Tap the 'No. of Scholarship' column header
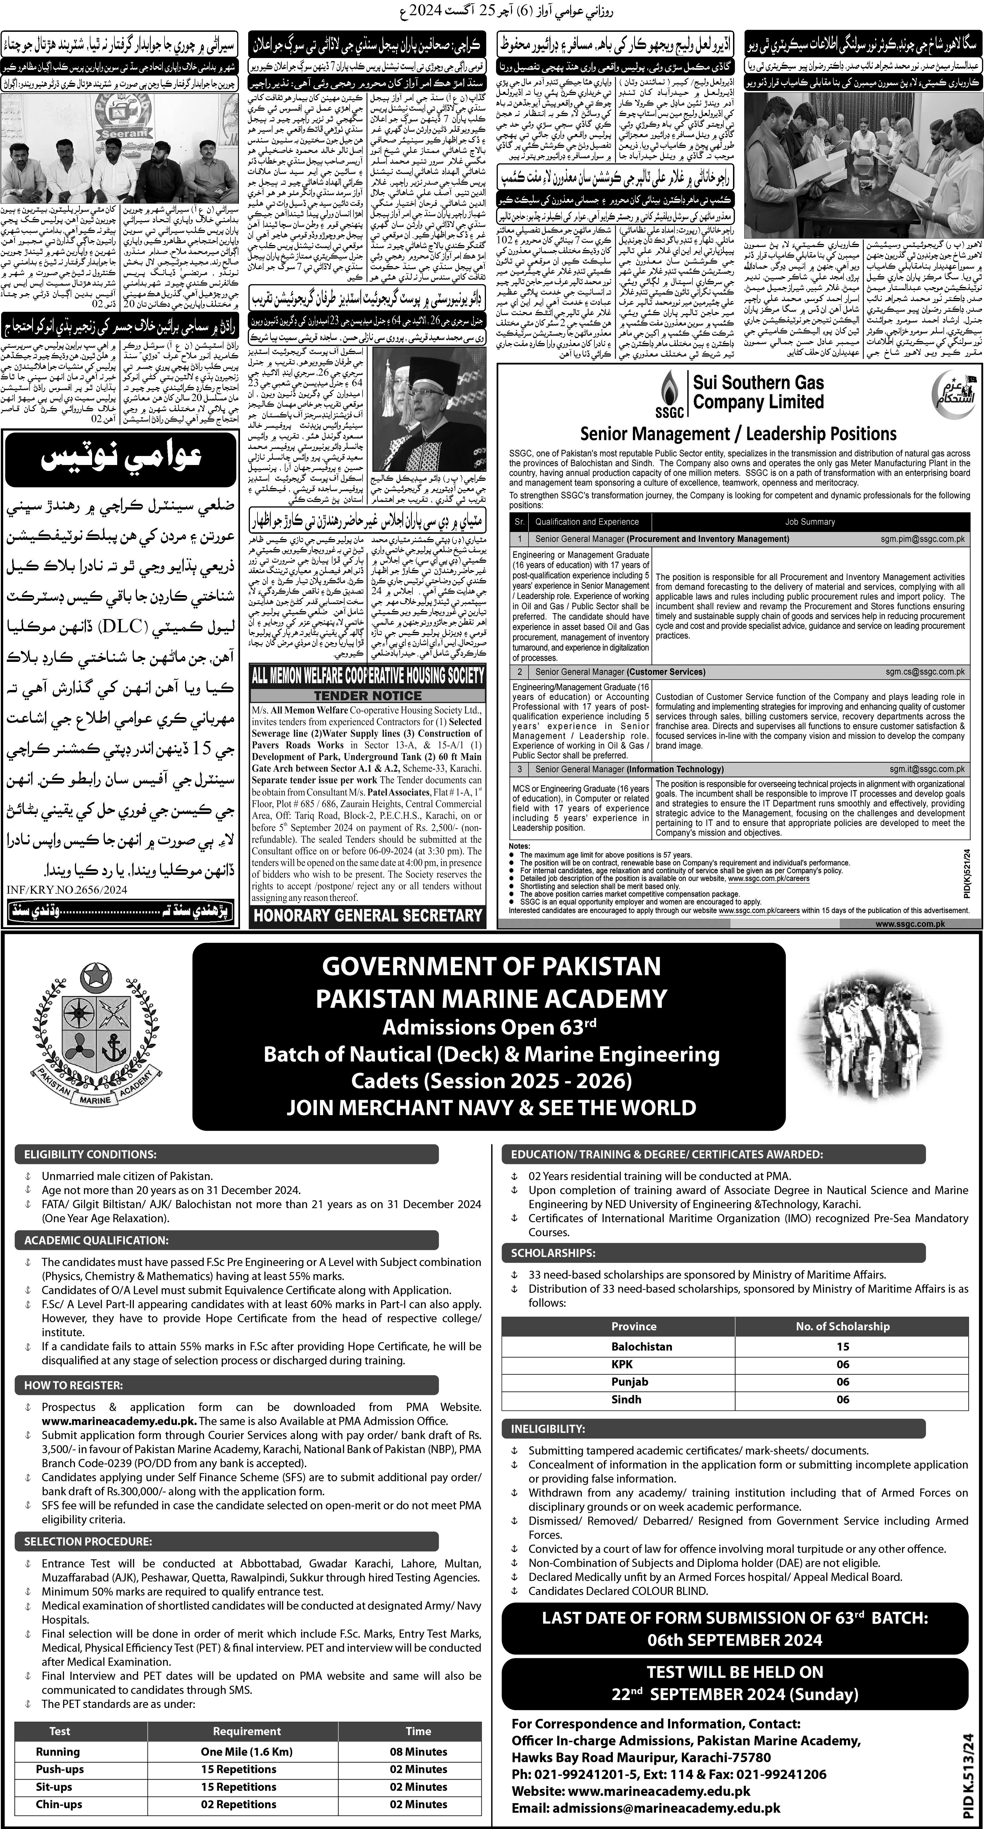pyautogui.click(x=842, y=1326)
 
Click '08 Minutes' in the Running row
pyautogui.click(x=418, y=1752)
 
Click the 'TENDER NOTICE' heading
pyautogui.click(x=368, y=696)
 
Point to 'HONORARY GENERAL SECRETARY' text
pyautogui.click(x=368, y=915)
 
